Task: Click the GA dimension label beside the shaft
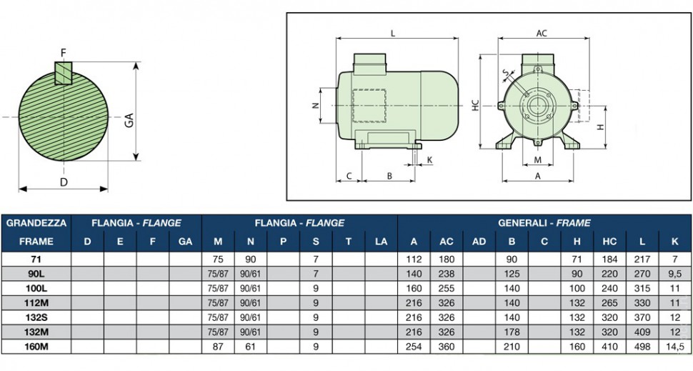pos(129,120)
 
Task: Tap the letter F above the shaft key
pos(63,54)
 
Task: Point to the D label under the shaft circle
pos(64,182)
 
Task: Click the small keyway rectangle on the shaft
pos(63,73)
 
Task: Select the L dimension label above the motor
pos(393,33)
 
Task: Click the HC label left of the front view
pos(476,105)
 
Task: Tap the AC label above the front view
pos(542,33)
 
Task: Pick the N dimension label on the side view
pos(315,106)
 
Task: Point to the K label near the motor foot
pos(429,160)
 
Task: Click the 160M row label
pos(36,347)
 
